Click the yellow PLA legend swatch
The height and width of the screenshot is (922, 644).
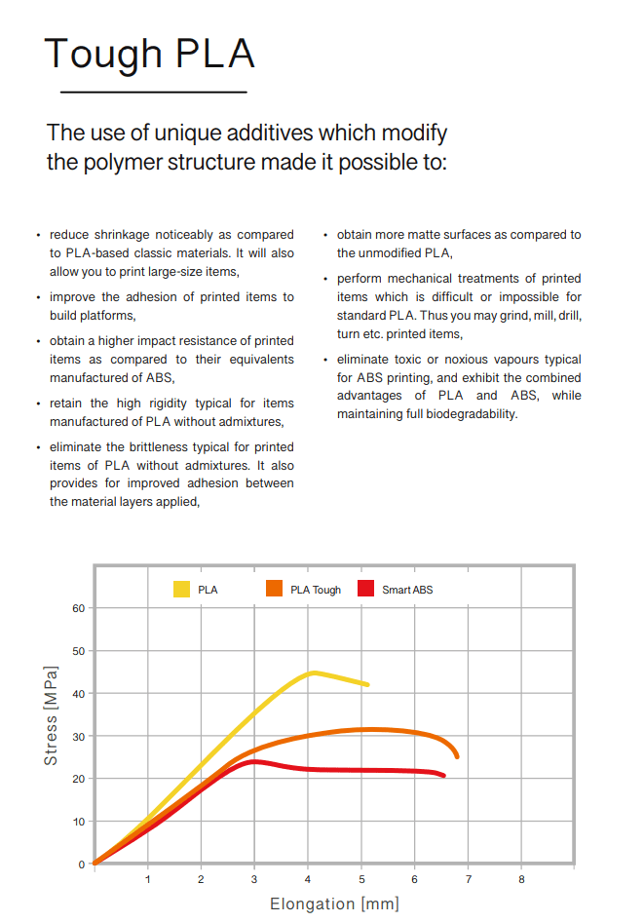tap(182, 589)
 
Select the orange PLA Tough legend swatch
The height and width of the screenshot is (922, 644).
tap(274, 589)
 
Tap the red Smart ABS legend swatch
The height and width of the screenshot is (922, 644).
tap(366, 589)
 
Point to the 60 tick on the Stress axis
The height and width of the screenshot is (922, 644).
tap(79, 608)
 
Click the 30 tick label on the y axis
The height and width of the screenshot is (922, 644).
tap(79, 736)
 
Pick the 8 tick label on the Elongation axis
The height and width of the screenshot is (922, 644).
tap(521, 880)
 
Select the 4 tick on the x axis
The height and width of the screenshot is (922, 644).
tap(308, 880)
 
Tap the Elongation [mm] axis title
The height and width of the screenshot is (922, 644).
tap(334, 904)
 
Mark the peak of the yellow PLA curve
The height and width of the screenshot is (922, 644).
tap(313, 672)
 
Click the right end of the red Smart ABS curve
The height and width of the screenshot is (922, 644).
tap(443, 776)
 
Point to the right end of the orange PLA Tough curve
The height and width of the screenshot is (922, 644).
tap(456, 756)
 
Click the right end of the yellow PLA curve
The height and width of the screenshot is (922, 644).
tap(367, 685)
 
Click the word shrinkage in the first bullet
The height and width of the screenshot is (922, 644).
tap(121, 235)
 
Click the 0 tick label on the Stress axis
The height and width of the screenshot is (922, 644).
tap(82, 864)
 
